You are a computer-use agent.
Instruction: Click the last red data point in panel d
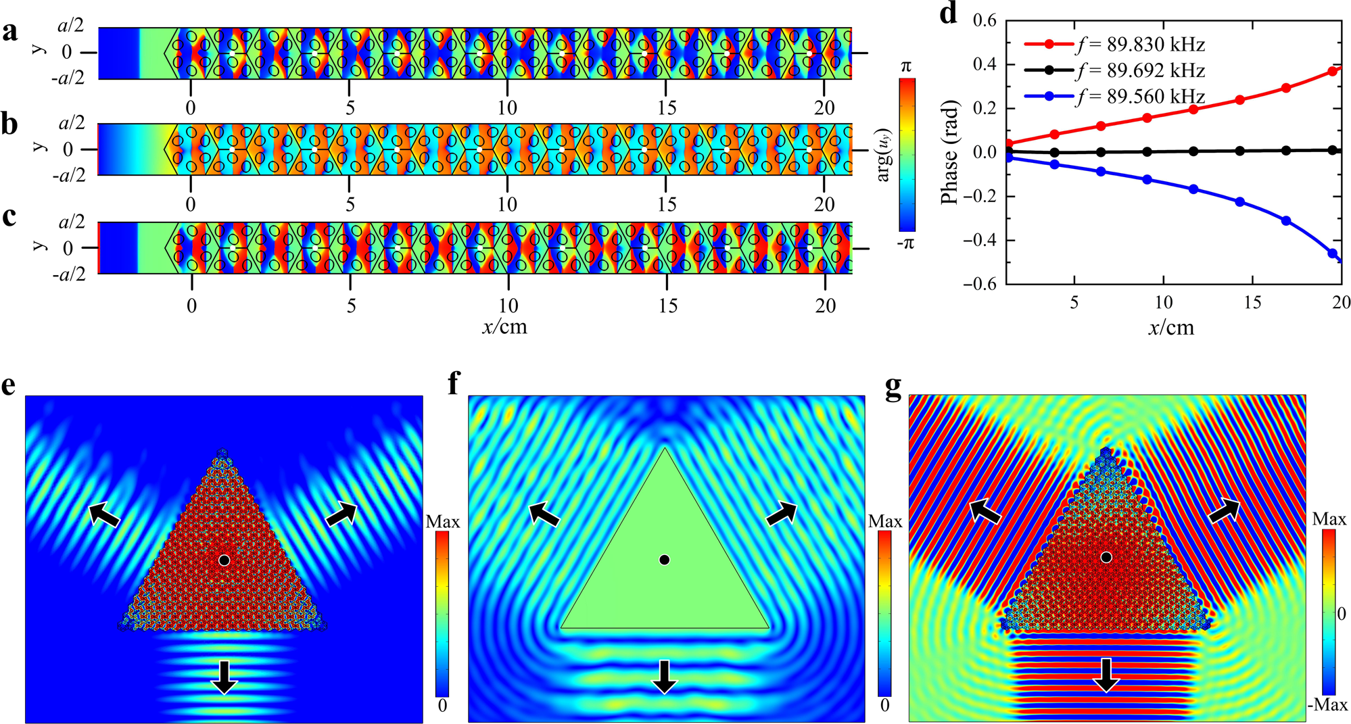[1333, 71]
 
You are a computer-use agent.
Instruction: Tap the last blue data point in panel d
[1333, 254]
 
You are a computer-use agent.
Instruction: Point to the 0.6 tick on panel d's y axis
[985, 20]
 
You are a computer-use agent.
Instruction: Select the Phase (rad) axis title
[950, 152]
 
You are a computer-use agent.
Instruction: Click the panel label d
[949, 14]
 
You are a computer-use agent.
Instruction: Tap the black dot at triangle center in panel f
[665, 560]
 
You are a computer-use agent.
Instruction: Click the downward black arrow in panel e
[224, 677]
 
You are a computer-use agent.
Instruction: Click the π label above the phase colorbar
[906, 66]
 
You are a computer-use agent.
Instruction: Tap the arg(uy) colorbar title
[883, 155]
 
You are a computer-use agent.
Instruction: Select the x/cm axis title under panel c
[504, 327]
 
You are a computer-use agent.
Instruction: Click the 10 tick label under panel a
[507, 108]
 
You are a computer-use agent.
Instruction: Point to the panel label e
[9, 385]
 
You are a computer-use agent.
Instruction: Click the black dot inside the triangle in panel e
[224, 560]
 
